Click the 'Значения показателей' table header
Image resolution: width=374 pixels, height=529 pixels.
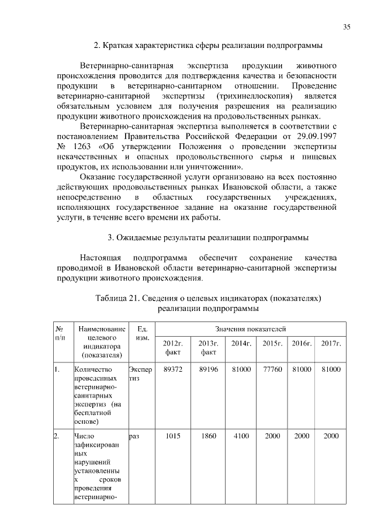pyautogui.click(x=250, y=331)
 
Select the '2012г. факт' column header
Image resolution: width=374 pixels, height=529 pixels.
pyautogui.click(x=173, y=347)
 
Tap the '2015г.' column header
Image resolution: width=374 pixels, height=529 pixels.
pyautogui.click(x=272, y=343)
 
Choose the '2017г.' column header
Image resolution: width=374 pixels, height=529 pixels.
pyautogui.click(x=331, y=343)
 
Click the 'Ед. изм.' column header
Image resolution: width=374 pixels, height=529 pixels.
pyautogui.click(x=140, y=334)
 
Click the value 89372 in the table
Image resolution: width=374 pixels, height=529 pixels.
pyautogui.click(x=173, y=370)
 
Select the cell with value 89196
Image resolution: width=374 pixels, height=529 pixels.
pyautogui.click(x=208, y=370)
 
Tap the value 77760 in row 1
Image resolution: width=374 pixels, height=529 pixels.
pyautogui.click(x=272, y=370)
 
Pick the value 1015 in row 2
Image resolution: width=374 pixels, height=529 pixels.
pyautogui.click(x=173, y=436)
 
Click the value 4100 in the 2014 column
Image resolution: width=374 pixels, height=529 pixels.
pyautogui.click(x=241, y=436)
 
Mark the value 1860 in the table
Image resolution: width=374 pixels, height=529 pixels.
pyautogui.click(x=208, y=436)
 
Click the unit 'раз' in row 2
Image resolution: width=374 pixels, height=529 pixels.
pyautogui.click(x=134, y=436)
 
